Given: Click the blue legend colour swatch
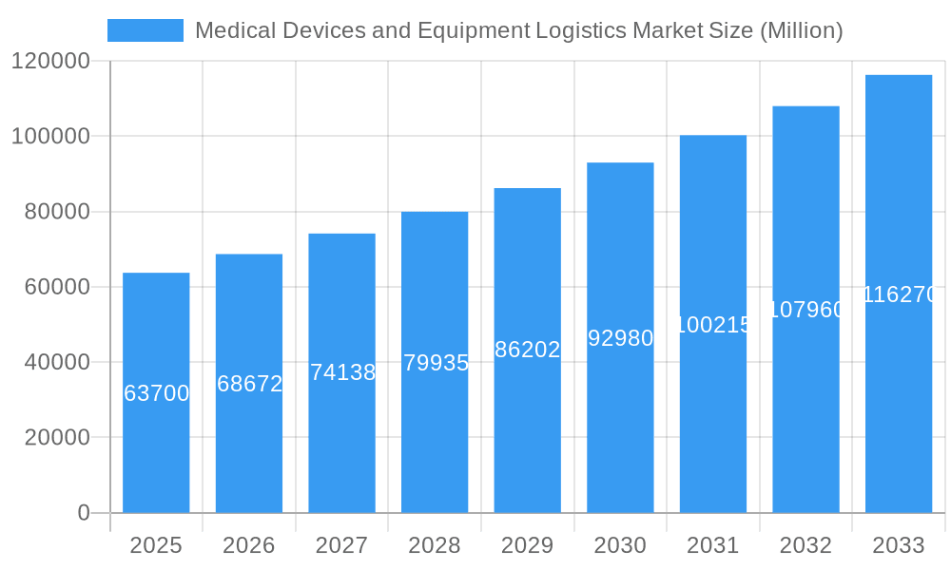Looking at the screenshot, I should click(x=145, y=30).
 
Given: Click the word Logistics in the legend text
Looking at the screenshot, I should click(x=579, y=30).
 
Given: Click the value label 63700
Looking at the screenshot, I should click(x=157, y=393).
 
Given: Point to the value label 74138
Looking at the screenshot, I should click(x=342, y=372).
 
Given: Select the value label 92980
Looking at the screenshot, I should click(x=620, y=338).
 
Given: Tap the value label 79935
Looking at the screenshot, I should click(x=436, y=363).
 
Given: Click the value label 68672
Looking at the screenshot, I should click(x=249, y=384).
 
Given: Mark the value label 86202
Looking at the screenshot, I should click(x=528, y=350).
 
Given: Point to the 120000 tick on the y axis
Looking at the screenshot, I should click(x=50, y=62).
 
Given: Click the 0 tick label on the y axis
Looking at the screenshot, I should click(x=83, y=513).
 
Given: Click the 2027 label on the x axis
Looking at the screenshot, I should click(x=341, y=545).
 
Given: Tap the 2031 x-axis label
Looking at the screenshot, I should click(x=712, y=545).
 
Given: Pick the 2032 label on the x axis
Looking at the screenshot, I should click(x=805, y=545).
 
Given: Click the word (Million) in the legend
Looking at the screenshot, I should click(x=802, y=30).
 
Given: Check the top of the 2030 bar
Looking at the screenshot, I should click(x=620, y=163).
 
